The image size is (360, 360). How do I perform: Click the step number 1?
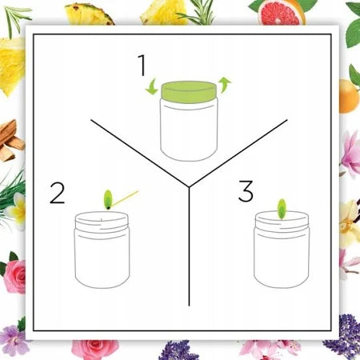(x=142, y=65)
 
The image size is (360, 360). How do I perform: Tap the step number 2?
(x=58, y=194)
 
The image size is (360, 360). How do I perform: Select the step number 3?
(x=246, y=191)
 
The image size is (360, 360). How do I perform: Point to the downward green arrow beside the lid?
(x=152, y=87)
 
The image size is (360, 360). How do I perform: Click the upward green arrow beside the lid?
(x=225, y=85)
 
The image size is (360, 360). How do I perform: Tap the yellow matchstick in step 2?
(x=124, y=198)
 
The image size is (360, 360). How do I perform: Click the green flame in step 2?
(x=108, y=199)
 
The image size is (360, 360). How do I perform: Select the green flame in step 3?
(x=282, y=210)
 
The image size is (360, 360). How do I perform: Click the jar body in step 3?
(x=282, y=250)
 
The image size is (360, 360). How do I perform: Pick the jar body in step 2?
(x=102, y=250)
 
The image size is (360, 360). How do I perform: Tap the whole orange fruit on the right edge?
(x=349, y=96)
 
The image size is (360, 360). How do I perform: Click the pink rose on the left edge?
(x=15, y=276)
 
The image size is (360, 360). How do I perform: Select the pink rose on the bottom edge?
(x=94, y=349)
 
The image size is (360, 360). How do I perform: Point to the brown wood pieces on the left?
(x=11, y=141)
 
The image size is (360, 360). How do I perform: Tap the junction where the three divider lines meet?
(x=189, y=186)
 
